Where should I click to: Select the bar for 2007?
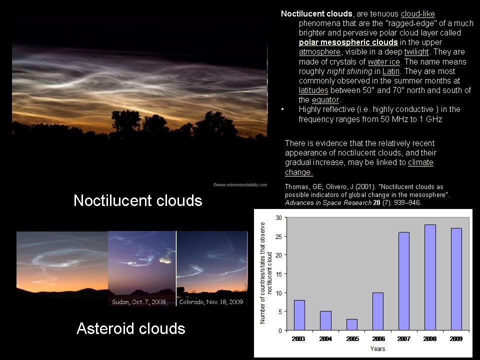(404, 281)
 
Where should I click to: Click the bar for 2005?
(351, 324)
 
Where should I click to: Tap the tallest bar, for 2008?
(430, 277)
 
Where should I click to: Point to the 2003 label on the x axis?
(298, 339)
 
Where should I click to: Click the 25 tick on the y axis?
(279, 236)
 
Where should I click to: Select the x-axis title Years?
(378, 348)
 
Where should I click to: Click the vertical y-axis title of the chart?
(265, 273)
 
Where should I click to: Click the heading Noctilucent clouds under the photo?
(138, 200)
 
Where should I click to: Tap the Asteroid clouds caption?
(130, 328)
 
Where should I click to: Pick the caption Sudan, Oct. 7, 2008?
(138, 302)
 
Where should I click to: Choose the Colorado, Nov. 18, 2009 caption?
(211, 302)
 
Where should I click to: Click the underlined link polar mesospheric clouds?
(348, 42)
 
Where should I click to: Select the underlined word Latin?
(391, 71)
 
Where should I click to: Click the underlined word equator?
(325, 100)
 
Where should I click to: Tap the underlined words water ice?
(384, 62)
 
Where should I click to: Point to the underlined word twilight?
(416, 52)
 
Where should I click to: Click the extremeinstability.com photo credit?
(240, 185)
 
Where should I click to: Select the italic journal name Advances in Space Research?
(328, 202)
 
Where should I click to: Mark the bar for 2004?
(325, 321)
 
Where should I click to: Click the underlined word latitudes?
(313, 90)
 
